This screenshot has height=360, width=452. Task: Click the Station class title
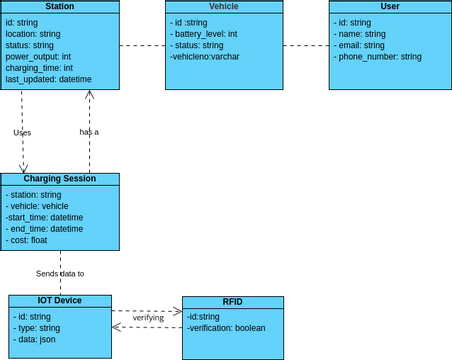tap(59, 7)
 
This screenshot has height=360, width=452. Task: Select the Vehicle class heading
tap(223, 7)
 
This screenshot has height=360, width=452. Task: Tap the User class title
tap(389, 7)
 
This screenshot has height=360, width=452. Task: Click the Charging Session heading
tap(59, 179)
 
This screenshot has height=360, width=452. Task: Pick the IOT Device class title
tap(59, 301)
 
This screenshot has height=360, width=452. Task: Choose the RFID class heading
tap(232, 302)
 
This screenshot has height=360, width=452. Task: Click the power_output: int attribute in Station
tap(45, 57)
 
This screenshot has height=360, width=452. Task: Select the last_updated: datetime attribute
tap(48, 79)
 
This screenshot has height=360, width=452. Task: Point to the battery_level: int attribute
tap(203, 34)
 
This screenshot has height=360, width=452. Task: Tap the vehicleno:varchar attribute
tap(204, 57)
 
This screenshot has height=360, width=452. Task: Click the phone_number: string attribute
tap(377, 57)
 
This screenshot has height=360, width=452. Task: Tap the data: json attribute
tap(35, 339)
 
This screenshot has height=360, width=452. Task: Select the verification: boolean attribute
tap(226, 327)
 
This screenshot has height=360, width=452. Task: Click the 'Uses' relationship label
tap(22, 132)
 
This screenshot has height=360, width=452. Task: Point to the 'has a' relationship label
tap(89, 131)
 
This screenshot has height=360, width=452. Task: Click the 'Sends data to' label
tap(60, 273)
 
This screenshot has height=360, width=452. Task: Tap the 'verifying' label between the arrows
tap(148, 318)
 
